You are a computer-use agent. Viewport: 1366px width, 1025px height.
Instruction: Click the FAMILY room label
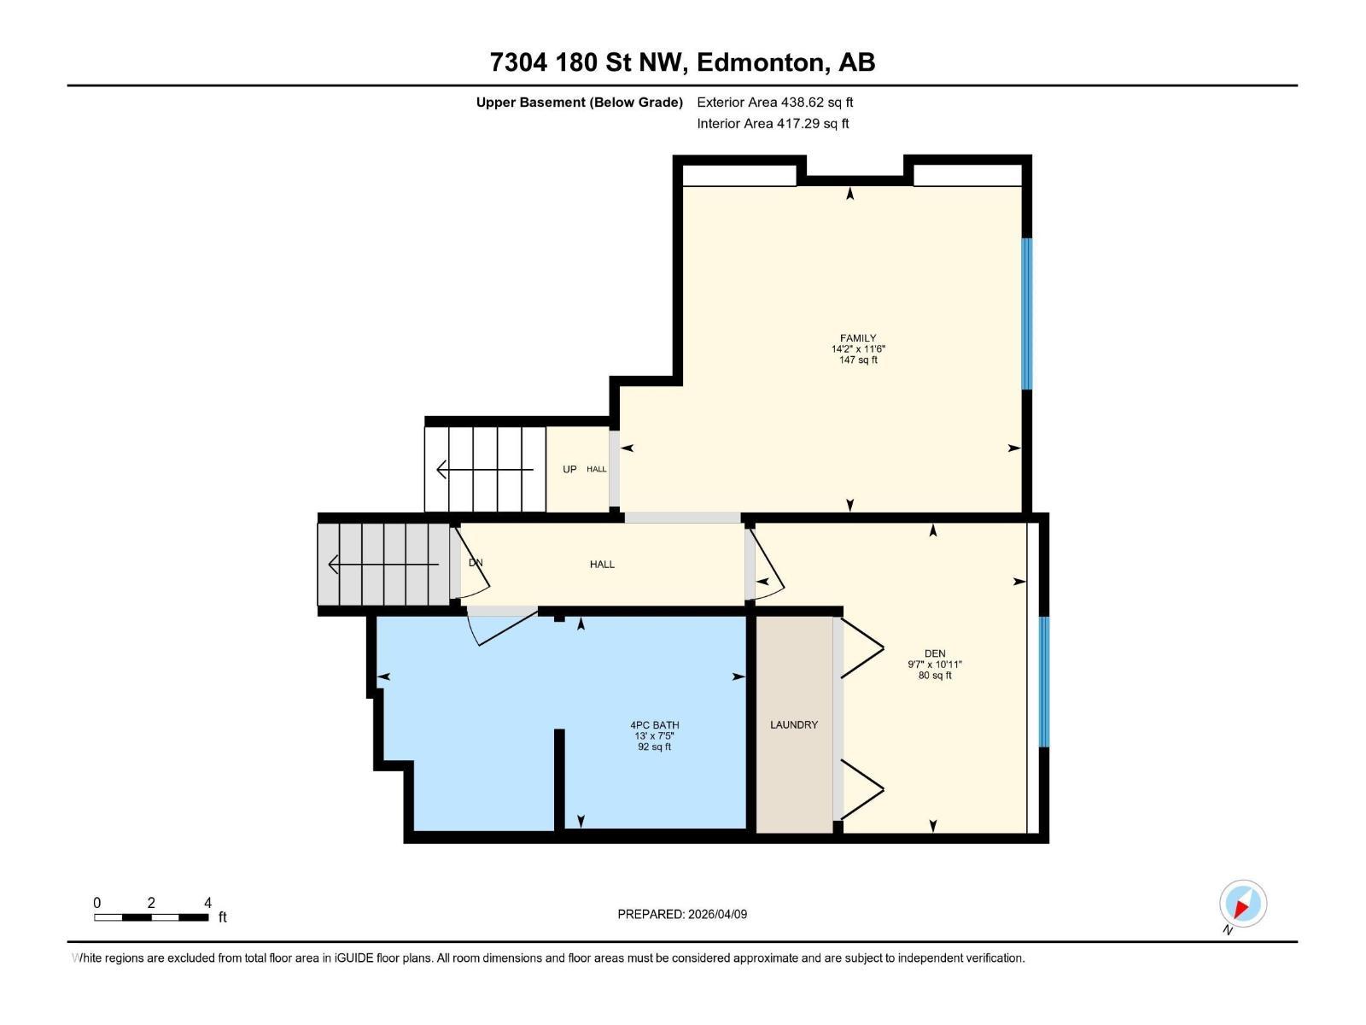pyautogui.click(x=858, y=338)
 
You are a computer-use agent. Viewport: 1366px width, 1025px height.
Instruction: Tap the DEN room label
pyautogui.click(x=935, y=653)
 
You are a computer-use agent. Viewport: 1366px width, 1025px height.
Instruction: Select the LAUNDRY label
pyautogui.click(x=794, y=724)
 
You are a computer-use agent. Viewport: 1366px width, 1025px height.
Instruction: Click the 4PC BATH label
pyautogui.click(x=655, y=725)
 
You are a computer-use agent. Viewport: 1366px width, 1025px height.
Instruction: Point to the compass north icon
pyautogui.click(x=1242, y=904)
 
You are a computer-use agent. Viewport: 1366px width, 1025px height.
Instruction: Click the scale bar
pyautogui.click(x=151, y=917)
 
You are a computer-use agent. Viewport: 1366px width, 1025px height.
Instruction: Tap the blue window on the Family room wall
pyautogui.click(x=1027, y=313)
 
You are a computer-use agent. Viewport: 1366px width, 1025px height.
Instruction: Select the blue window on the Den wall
pyautogui.click(x=1044, y=681)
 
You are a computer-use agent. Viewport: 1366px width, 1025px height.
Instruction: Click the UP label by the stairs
pyautogui.click(x=569, y=469)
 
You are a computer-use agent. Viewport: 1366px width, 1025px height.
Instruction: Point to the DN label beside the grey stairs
pyautogui.click(x=476, y=563)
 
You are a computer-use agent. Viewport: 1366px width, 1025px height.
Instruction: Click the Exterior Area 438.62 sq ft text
pyautogui.click(x=775, y=102)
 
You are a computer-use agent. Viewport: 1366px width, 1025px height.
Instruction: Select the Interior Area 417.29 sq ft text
pyautogui.click(x=773, y=123)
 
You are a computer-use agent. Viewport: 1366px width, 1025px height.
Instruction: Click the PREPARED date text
pyautogui.click(x=682, y=914)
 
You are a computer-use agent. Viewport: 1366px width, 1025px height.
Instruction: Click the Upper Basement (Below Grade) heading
pyautogui.click(x=579, y=102)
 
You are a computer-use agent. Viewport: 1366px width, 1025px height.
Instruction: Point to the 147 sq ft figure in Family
pyautogui.click(x=858, y=360)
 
